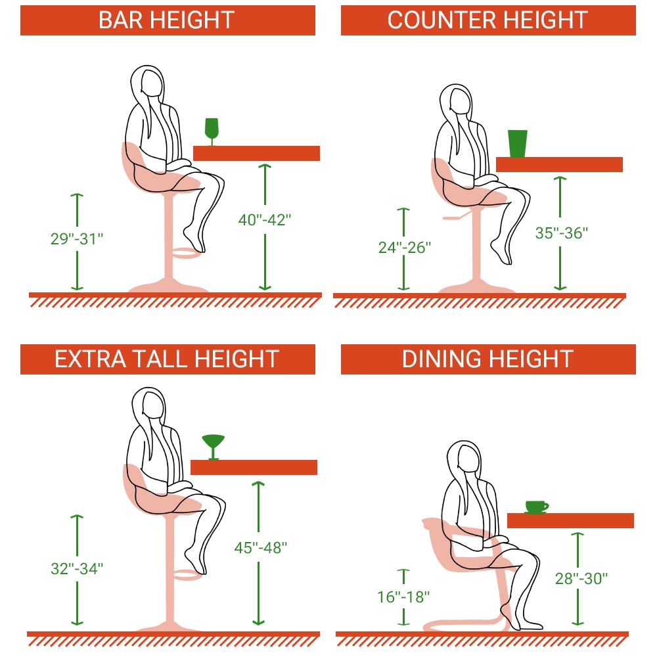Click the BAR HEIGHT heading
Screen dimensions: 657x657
coord(166,20)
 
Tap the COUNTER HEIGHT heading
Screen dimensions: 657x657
coord(487,20)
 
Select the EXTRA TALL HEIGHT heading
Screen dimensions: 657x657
coord(167,359)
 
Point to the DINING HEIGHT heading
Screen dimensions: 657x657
coord(487,359)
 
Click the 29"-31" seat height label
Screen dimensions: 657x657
coord(77,239)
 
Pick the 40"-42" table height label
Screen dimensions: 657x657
coord(264,219)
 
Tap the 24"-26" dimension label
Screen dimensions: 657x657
coord(404,248)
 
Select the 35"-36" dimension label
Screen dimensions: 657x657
coord(562,233)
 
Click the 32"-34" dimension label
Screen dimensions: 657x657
coord(77,568)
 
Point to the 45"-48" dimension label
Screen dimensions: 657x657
coord(261,548)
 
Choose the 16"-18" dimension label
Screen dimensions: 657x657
coord(403,597)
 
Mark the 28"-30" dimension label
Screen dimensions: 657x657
coord(581,579)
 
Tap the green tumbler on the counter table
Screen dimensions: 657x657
coord(518,143)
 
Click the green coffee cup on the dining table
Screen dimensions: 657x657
coord(536,507)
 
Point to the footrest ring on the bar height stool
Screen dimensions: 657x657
coord(187,253)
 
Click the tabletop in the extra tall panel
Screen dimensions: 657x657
coord(254,467)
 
